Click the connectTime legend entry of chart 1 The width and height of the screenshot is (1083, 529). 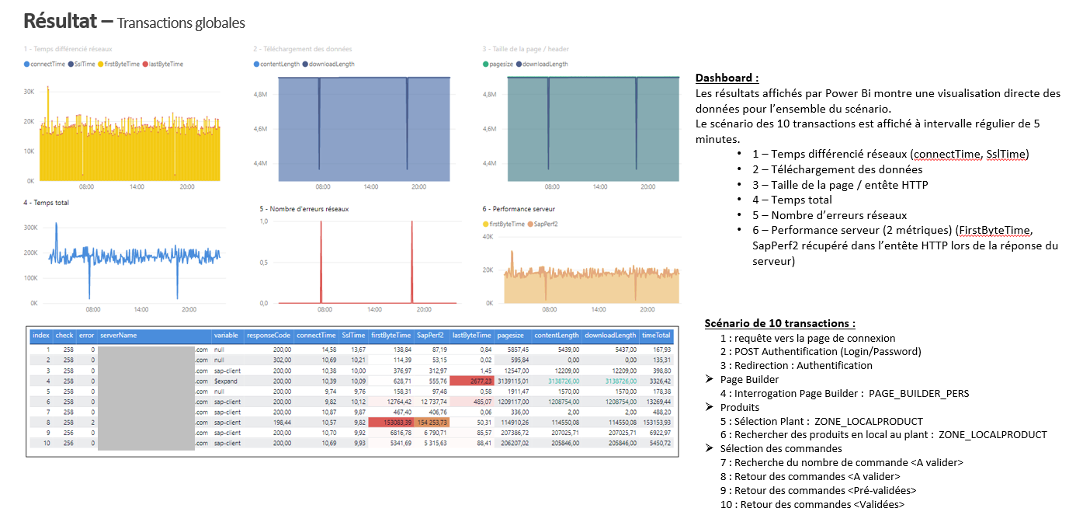click(47, 64)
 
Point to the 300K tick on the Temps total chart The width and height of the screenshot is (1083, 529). click(31, 228)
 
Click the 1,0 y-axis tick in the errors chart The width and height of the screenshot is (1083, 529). click(263, 221)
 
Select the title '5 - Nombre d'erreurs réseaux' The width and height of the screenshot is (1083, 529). click(304, 208)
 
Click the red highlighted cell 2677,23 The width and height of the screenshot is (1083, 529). click(471, 381)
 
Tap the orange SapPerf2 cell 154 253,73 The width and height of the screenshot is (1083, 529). click(432, 422)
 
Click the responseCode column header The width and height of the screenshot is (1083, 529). click(268, 336)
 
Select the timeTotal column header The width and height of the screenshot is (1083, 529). click(656, 336)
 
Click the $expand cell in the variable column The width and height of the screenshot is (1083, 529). click(227, 381)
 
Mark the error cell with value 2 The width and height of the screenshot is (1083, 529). click(92, 422)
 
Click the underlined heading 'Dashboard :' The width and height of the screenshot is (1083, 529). click(727, 78)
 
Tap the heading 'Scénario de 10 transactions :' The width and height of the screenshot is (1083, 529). click(780, 323)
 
